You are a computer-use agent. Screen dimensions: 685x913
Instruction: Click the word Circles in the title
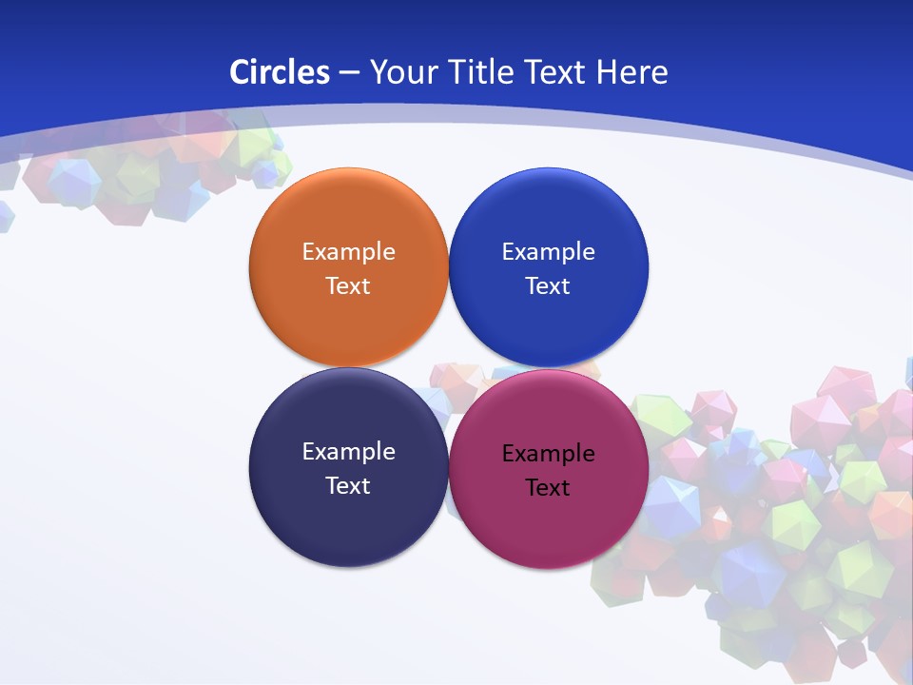pyautogui.click(x=279, y=72)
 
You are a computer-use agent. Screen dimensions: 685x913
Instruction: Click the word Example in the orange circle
pyautogui.click(x=348, y=252)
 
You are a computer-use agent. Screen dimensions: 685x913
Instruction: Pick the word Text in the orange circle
pyautogui.click(x=348, y=286)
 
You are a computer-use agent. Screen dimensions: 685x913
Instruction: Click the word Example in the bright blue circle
pyautogui.click(x=548, y=252)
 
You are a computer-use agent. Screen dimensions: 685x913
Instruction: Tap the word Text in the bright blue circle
pyautogui.click(x=548, y=286)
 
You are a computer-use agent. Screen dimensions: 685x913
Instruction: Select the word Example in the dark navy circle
pyautogui.click(x=348, y=452)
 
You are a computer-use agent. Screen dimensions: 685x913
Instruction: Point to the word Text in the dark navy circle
pyautogui.click(x=348, y=486)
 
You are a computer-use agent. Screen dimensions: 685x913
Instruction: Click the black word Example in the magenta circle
pyautogui.click(x=548, y=454)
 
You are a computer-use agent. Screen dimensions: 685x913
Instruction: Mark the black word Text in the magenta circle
pyautogui.click(x=548, y=488)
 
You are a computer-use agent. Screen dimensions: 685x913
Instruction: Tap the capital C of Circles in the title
pyautogui.click(x=239, y=72)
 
